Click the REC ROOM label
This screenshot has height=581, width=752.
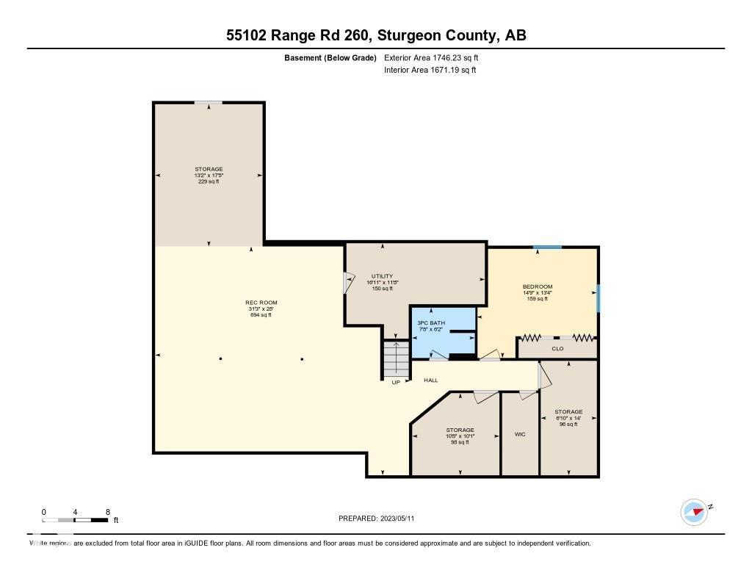point(261,303)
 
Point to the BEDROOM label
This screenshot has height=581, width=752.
point(538,286)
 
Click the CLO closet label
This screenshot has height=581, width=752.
point(557,348)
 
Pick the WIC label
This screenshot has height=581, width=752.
point(519,434)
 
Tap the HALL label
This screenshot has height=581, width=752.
point(431,380)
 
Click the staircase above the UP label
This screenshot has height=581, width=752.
point(395,359)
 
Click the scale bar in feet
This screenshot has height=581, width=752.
point(76,520)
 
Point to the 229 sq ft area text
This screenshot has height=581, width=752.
point(209,181)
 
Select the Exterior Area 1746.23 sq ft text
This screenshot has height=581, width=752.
point(433,57)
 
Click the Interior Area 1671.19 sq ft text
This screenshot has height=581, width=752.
point(430,70)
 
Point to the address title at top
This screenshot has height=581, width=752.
point(375,35)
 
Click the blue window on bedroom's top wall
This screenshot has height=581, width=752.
point(547,248)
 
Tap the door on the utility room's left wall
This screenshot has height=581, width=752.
point(349,283)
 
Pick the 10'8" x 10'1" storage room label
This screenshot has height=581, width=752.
point(460,430)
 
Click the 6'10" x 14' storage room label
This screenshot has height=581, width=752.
point(568,412)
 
